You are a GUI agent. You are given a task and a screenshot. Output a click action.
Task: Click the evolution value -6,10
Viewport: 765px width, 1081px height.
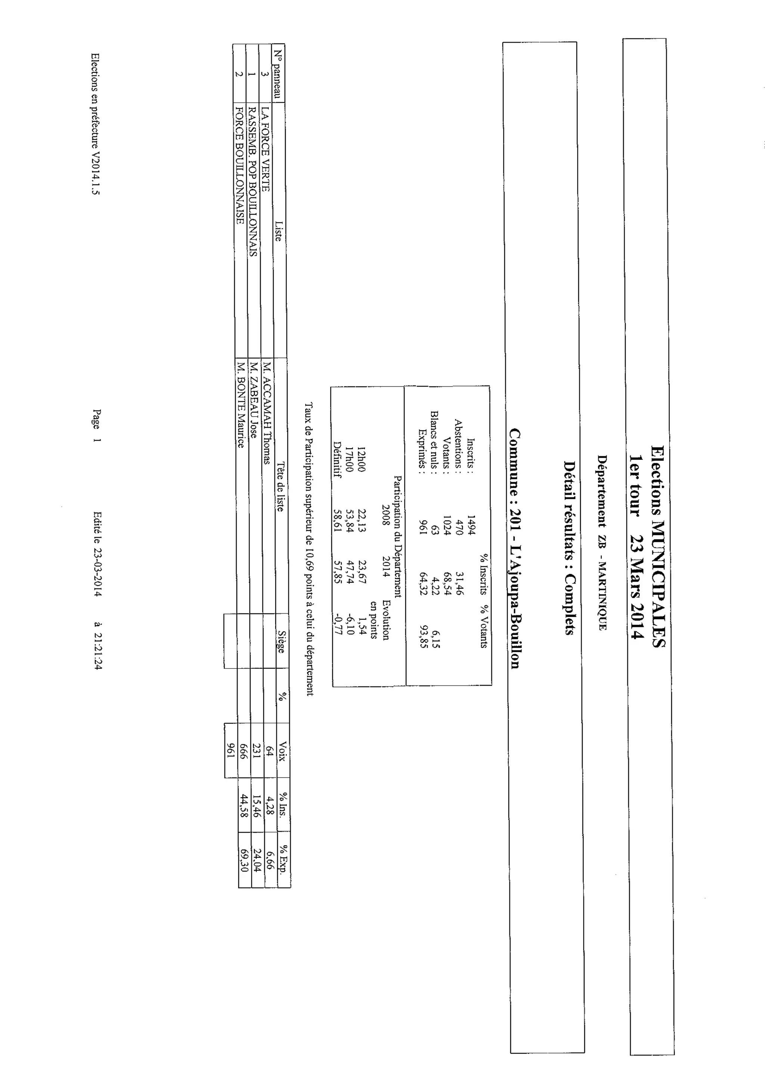pyautogui.click(x=350, y=624)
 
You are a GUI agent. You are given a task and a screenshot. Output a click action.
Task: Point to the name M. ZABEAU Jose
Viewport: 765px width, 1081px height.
pyautogui.click(x=253, y=400)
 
